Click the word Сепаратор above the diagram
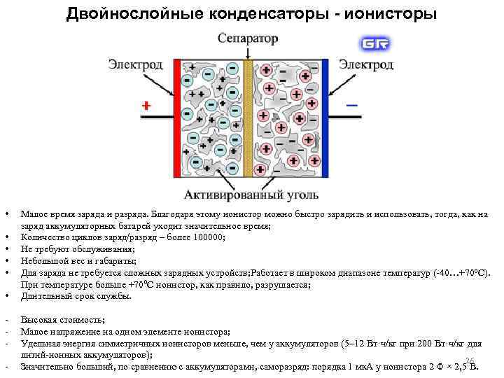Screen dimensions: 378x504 pos(247,38)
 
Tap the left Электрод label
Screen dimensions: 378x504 pos(135,64)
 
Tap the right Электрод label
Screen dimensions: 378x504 pos(366,64)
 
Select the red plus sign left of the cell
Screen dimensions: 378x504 pos(146,106)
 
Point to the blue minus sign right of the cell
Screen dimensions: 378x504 pos(351,106)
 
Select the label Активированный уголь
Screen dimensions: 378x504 pos(251,194)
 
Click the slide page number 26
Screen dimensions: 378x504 pos(470,359)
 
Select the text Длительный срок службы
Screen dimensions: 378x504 pos(76,296)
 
